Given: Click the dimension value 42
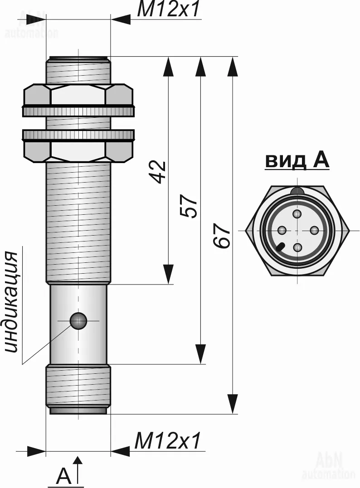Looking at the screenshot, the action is tap(158, 172).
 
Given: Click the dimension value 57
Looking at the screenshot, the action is tap(189, 206).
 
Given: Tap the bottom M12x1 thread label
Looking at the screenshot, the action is tap(166, 441).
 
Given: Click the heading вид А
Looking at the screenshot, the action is tap(297, 161).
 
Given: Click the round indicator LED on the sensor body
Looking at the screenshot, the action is tap(78, 321).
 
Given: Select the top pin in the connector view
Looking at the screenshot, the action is tap(298, 214).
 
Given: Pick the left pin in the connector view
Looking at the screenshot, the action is tap(282, 230).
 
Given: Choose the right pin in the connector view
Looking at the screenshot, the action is tap(314, 230).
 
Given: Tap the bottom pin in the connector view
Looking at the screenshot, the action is tap(298, 248).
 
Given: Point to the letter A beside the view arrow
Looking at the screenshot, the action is tap(63, 475).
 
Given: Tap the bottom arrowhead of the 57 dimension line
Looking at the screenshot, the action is tap(200, 354).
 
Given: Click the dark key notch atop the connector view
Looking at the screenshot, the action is tap(297, 191).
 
